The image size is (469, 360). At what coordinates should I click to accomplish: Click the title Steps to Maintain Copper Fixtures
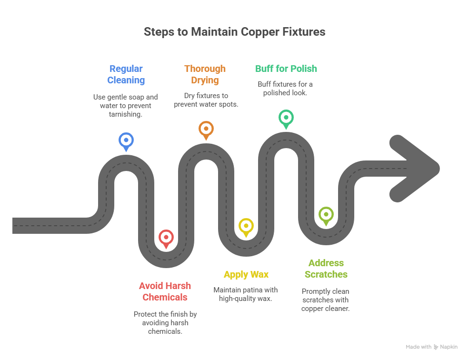coord(234,32)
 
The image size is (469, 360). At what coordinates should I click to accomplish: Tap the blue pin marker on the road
coord(126,140)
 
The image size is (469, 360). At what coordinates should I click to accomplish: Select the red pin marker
coord(166,237)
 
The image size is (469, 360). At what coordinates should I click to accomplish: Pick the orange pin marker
coord(206,129)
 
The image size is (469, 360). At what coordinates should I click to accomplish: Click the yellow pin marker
coord(246,225)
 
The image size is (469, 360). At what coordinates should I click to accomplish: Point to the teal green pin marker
coord(286,117)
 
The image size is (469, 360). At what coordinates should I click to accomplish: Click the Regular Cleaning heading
coord(126,74)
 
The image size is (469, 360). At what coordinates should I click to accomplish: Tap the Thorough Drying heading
coord(205,74)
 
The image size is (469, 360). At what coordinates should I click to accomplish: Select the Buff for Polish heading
coord(286,69)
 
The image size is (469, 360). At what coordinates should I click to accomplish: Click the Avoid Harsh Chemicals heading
coord(165,291)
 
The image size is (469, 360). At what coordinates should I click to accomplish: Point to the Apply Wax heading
coord(246,274)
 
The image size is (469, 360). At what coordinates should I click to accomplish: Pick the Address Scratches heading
coord(326,269)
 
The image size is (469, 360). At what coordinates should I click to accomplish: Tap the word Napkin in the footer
coord(449,347)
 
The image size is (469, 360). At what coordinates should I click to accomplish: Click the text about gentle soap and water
coord(125,106)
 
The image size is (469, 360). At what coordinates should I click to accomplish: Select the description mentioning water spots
coord(206,100)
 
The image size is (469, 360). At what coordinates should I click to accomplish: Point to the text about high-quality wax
coord(246,294)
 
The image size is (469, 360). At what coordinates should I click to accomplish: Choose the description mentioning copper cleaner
coord(325,300)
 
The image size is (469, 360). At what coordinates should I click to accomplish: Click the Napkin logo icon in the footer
coord(436,347)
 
